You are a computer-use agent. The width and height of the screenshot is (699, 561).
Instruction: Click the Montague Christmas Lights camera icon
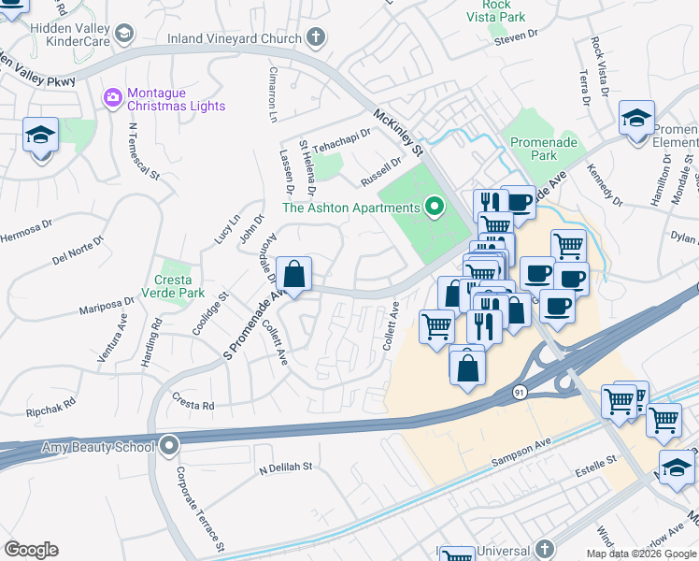[x=113, y=97]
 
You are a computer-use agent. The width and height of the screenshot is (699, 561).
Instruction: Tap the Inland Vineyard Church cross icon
[x=316, y=38]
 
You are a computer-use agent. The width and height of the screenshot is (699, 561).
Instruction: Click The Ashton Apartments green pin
[x=434, y=207]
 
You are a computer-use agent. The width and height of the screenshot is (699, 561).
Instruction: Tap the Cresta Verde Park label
[x=173, y=286]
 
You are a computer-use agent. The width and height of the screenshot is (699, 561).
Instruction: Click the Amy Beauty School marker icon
[x=169, y=446]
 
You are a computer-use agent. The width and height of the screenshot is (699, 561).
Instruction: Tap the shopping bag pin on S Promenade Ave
[x=294, y=275]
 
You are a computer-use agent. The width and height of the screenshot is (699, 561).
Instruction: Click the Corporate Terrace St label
[x=199, y=505]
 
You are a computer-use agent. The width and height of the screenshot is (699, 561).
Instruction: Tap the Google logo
[x=32, y=550]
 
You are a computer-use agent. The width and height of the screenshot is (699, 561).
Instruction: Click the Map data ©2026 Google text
[x=641, y=554]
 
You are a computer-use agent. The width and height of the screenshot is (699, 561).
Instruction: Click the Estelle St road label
[x=597, y=461]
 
